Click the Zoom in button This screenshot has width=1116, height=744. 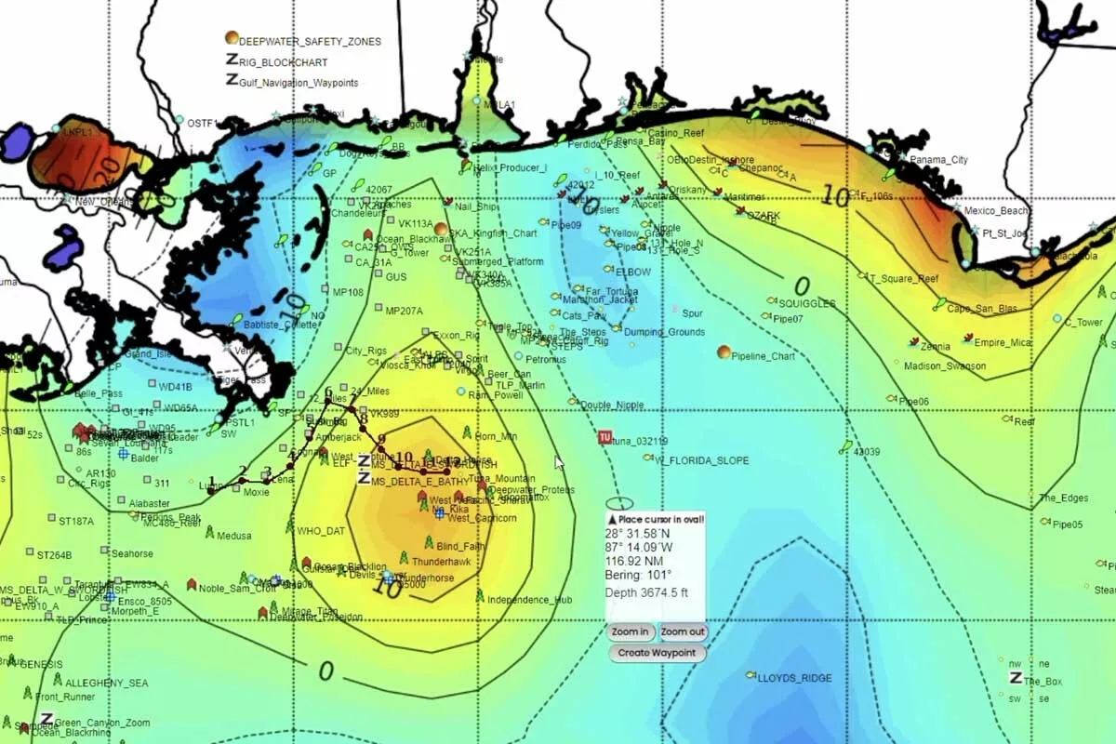tap(631, 632)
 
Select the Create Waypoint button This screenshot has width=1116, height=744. tap(658, 653)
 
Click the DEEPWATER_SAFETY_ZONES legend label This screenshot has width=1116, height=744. tap(310, 42)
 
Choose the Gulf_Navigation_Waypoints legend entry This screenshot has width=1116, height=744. tap(299, 83)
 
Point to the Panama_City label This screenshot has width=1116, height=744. tap(938, 160)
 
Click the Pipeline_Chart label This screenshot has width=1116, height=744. tap(764, 356)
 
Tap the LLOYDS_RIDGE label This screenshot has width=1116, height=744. tap(794, 678)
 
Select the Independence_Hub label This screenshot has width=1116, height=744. tap(530, 600)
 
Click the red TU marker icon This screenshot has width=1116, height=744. tap(604, 437)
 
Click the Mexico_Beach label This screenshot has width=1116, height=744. tap(996, 211)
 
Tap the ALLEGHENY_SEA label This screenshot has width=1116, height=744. tap(106, 683)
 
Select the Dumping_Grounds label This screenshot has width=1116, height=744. tap(664, 332)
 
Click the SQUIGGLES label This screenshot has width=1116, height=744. tap(806, 304)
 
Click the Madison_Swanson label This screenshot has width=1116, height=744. tap(945, 366)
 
